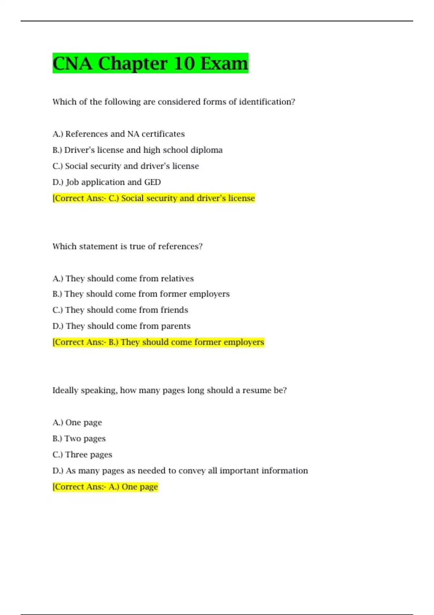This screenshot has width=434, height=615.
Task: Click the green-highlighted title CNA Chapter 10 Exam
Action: click(x=150, y=63)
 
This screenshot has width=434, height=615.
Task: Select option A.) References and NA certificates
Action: click(x=119, y=134)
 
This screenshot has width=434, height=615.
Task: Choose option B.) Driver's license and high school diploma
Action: click(x=137, y=150)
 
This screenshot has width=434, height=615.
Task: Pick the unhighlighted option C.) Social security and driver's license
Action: click(x=125, y=166)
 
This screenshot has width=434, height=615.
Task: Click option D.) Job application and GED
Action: click(x=107, y=182)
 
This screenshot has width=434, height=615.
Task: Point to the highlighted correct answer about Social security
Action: click(x=154, y=198)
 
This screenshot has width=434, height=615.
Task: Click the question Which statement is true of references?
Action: click(x=127, y=246)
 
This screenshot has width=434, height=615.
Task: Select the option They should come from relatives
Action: click(x=123, y=279)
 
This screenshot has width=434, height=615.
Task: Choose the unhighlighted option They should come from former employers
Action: click(x=141, y=294)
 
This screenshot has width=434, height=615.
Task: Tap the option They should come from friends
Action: click(x=120, y=310)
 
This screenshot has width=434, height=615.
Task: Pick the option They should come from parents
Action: click(x=122, y=326)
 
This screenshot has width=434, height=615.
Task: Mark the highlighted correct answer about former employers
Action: click(x=158, y=342)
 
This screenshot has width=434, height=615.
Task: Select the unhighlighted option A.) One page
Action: click(x=77, y=423)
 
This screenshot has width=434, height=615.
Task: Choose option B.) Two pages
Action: click(x=79, y=438)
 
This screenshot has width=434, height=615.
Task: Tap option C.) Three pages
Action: click(x=82, y=455)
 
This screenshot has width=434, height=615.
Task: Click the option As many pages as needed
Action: click(x=180, y=471)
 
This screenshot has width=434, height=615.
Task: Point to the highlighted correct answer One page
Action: click(x=105, y=487)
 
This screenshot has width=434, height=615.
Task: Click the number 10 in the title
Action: click(x=184, y=63)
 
